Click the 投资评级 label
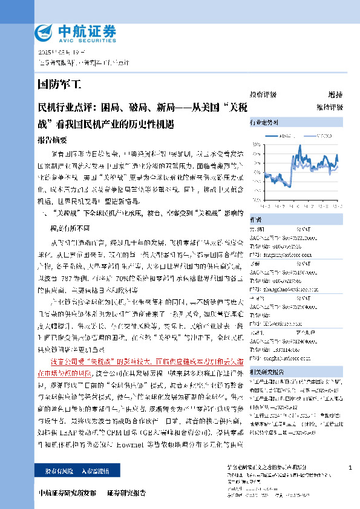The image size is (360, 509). click(x=263, y=95)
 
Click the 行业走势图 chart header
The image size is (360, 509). click(x=264, y=123)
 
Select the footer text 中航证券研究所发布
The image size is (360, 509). click(x=67, y=493)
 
